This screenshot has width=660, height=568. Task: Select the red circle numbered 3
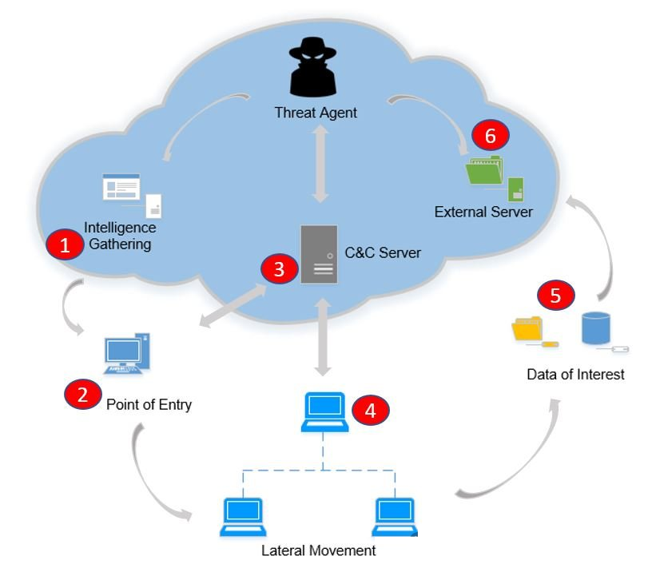pyautogui.click(x=279, y=269)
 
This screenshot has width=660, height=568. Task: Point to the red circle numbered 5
pyautogui.click(x=556, y=295)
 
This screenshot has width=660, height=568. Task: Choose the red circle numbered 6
pyautogui.click(x=490, y=136)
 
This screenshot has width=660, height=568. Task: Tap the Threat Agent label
pyautogui.click(x=316, y=113)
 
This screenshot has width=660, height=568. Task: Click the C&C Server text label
pyautogui.click(x=383, y=253)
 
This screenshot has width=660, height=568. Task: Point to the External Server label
pyautogui.click(x=483, y=212)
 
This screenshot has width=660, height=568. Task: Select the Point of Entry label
pyautogui.click(x=149, y=404)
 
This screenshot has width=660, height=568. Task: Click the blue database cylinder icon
pyautogui.click(x=595, y=328)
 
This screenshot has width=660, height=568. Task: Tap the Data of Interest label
pyautogui.click(x=575, y=373)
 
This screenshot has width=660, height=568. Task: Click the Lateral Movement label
pyautogui.click(x=319, y=550)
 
